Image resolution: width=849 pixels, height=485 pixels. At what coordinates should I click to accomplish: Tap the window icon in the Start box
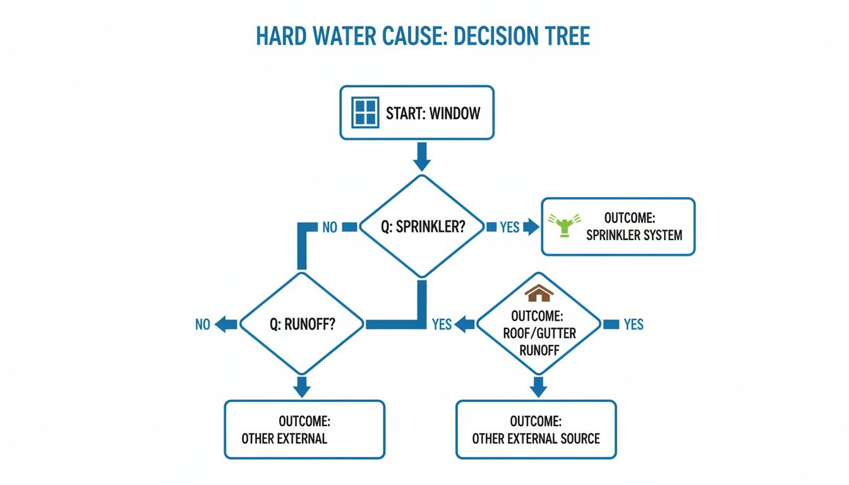364,113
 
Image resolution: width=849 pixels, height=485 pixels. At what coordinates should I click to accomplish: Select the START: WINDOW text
433,114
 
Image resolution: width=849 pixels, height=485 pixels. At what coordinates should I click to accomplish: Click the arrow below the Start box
421,157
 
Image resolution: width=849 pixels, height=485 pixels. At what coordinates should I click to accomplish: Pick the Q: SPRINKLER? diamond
421,227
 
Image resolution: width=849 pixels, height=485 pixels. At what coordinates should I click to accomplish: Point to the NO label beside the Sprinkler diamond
330,227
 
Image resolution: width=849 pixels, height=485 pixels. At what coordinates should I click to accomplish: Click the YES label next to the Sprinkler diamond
509,227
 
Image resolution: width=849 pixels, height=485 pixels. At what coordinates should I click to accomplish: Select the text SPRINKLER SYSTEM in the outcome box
634,236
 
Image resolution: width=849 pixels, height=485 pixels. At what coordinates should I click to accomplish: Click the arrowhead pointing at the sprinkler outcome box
533,227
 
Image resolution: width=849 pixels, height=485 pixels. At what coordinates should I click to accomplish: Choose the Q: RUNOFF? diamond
303,324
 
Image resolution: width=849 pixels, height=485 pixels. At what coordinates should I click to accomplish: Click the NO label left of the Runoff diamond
202,325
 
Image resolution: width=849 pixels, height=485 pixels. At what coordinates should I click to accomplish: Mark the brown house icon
539,294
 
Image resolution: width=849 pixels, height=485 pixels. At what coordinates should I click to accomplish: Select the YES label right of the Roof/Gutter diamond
633,325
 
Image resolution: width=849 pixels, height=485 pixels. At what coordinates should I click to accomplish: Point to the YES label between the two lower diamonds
442,324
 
